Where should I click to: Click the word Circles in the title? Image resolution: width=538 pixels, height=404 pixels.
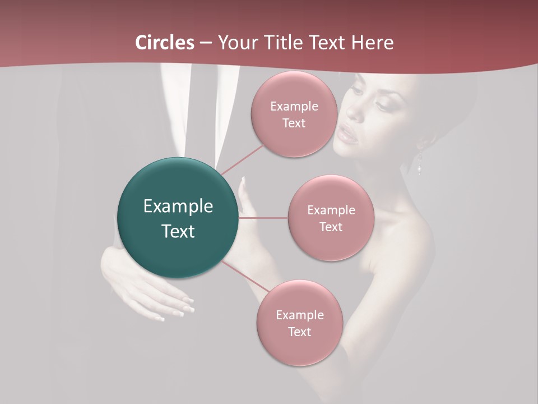click(x=165, y=43)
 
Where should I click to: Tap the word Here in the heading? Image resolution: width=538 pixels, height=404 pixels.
click(x=373, y=43)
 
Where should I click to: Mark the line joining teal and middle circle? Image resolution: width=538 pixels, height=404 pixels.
click(x=263, y=218)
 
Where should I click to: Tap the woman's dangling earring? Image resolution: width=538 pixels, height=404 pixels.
click(x=419, y=159)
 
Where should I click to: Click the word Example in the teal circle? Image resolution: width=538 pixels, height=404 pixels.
click(x=178, y=206)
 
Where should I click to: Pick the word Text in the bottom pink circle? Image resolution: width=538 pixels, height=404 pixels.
click(x=299, y=332)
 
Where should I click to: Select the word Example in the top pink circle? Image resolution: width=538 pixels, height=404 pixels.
click(x=294, y=107)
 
